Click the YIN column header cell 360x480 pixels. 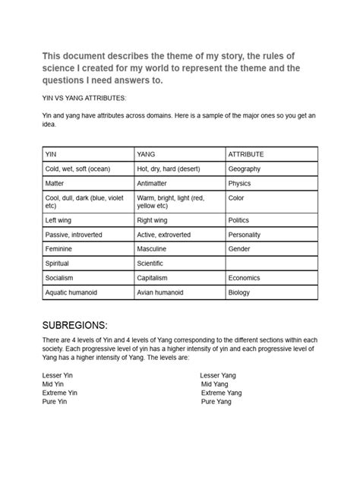click(87, 154)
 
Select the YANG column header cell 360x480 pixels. click(178, 154)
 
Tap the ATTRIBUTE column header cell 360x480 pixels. click(270, 154)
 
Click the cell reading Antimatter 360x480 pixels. click(178, 183)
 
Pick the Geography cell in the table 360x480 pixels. click(270, 169)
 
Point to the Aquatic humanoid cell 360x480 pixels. click(87, 292)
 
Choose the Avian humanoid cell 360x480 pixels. click(178, 292)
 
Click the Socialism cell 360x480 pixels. click(87, 278)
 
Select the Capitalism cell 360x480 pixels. click(178, 278)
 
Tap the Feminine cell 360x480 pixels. click(87, 249)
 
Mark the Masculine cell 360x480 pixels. click(178, 249)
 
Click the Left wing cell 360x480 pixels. click(87, 220)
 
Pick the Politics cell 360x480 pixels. click(270, 220)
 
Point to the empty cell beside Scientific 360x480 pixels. click(270, 264)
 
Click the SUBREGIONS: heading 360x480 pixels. click(84, 322)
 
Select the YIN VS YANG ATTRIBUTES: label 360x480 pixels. click(84, 98)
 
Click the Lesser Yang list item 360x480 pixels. click(218, 375)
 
